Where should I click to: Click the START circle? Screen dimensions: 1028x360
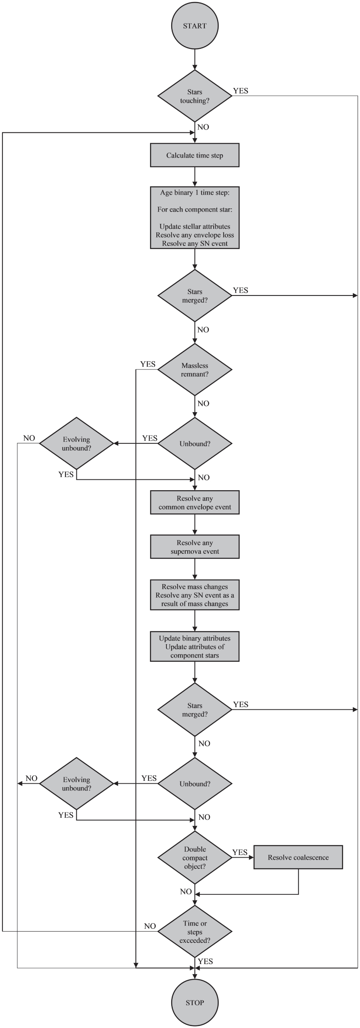click(195, 26)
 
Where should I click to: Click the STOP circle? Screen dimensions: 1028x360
click(195, 1002)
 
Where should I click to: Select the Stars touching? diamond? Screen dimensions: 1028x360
click(195, 96)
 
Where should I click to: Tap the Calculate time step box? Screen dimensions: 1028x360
click(195, 155)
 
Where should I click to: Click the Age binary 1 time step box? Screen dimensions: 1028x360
click(195, 218)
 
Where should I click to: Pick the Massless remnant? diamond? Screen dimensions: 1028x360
click(195, 369)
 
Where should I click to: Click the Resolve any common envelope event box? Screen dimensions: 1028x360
click(195, 503)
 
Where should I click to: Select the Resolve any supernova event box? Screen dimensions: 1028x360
click(195, 547)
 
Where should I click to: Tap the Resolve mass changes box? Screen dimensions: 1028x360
click(195, 595)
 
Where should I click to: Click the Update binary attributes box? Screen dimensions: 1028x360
click(195, 647)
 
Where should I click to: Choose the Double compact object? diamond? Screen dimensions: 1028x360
click(195, 858)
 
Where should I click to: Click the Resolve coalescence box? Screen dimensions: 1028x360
click(298, 857)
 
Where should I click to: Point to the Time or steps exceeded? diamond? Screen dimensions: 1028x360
click(195, 932)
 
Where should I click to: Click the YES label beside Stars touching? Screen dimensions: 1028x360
click(241, 91)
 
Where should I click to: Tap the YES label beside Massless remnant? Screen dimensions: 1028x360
click(148, 364)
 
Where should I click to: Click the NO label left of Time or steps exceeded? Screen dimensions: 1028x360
click(150, 926)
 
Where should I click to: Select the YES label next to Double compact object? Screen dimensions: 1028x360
click(240, 852)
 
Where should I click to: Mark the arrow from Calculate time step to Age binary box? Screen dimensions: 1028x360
click(195, 176)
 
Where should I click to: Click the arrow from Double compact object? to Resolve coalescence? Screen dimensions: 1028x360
click(243, 857)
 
